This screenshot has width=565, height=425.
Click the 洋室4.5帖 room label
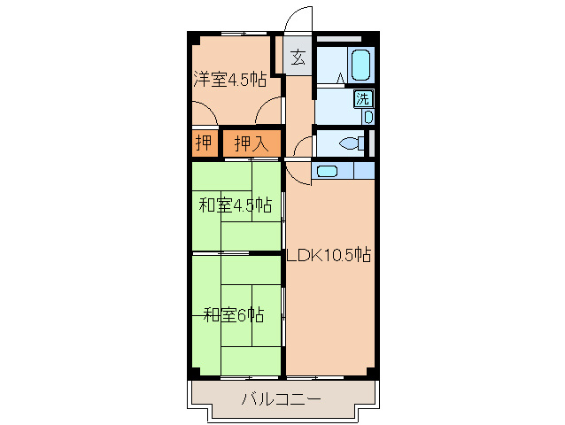click(230, 80)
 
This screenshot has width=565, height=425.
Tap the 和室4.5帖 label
click(234, 206)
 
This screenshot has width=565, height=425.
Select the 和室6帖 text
click(234, 314)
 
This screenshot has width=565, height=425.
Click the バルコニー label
click(282, 399)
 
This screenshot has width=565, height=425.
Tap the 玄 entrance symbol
click(298, 59)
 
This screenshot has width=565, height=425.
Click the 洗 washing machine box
click(364, 98)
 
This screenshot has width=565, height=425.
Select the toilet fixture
click(353, 144)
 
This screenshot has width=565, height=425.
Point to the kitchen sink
click(328, 172)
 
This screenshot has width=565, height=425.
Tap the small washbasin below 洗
click(368, 116)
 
